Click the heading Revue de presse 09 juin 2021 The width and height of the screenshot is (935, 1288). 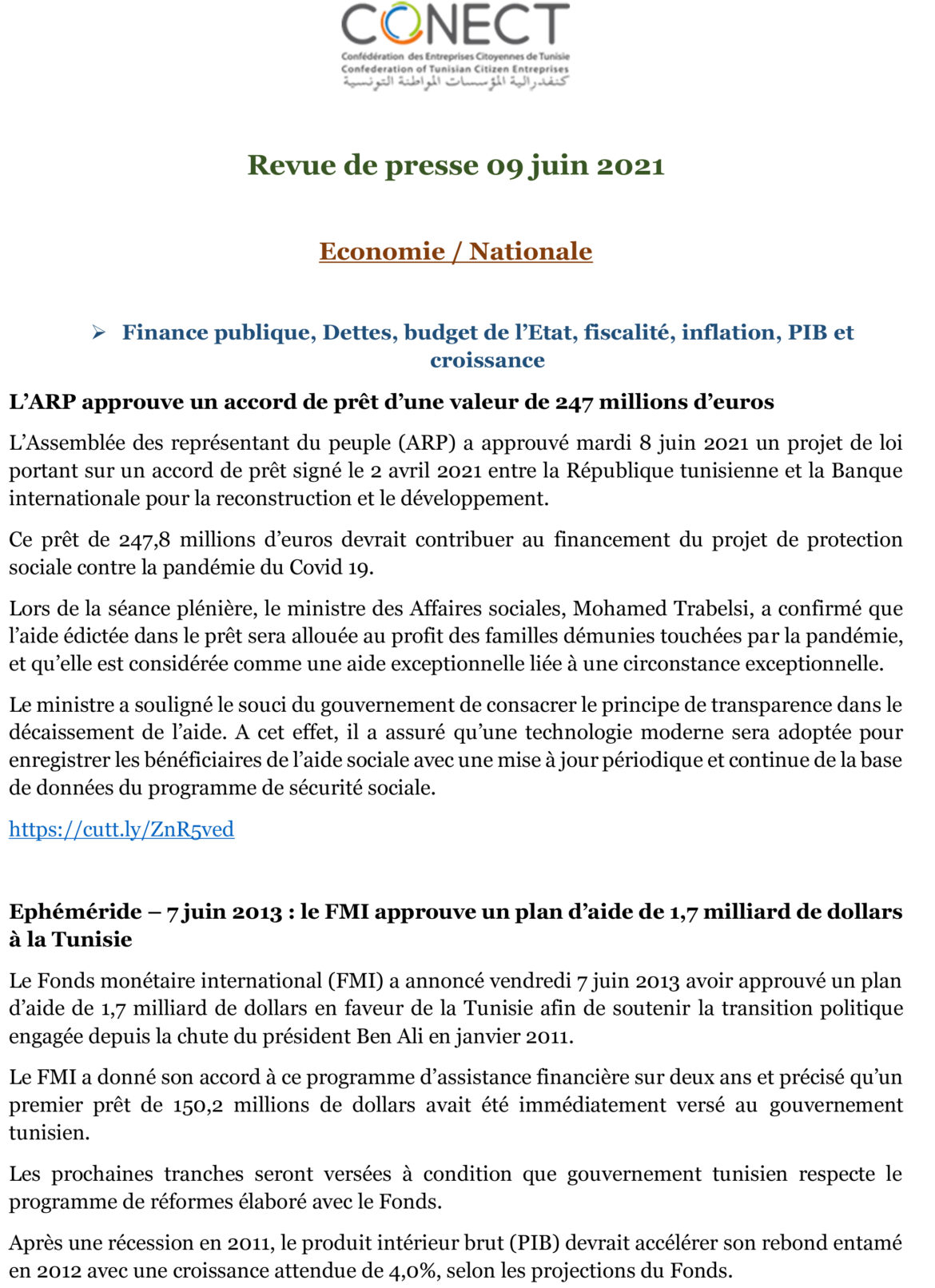click(456, 165)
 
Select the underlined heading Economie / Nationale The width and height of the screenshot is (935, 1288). click(456, 252)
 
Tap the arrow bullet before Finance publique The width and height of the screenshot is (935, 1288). click(98, 332)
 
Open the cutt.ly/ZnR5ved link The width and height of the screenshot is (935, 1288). click(121, 829)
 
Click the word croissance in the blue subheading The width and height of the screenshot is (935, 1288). click(487, 360)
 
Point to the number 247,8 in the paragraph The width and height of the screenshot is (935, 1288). click(145, 540)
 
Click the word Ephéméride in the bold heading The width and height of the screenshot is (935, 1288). click(75, 912)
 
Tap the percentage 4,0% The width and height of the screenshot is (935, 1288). click(408, 1271)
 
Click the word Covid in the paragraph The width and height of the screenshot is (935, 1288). click(316, 568)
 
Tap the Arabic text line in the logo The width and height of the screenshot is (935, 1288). click(456, 82)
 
